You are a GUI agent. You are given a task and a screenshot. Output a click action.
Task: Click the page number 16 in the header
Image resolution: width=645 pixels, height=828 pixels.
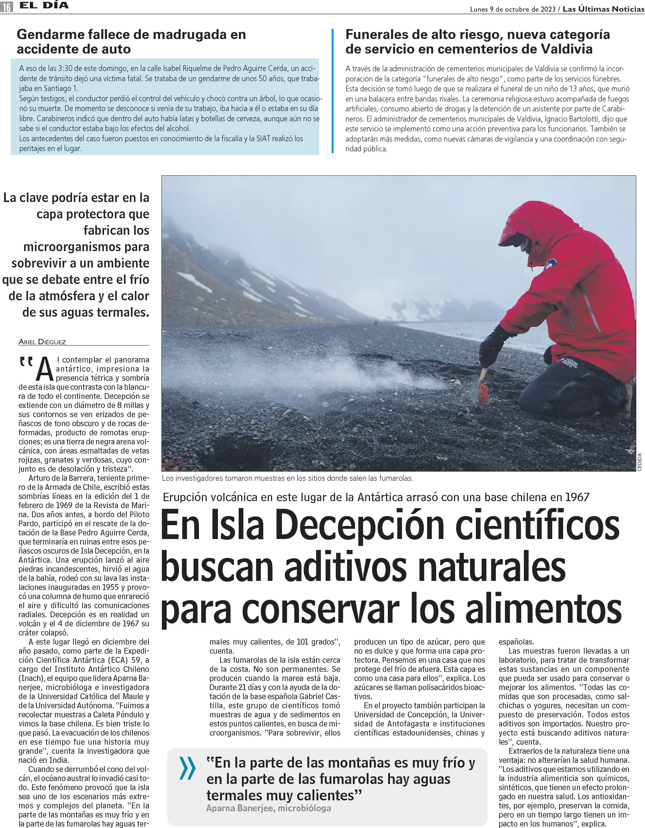(x=7, y=7)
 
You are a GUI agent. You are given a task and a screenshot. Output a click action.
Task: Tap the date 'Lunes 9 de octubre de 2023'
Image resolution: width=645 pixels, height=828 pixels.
(x=512, y=9)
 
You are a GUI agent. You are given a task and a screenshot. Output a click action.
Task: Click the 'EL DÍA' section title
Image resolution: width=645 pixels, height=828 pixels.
(x=44, y=6)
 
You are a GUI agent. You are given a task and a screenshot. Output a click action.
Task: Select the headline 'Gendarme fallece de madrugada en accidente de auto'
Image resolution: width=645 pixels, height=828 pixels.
(x=131, y=42)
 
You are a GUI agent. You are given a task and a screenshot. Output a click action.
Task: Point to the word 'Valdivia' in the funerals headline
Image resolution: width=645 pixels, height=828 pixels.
(x=566, y=49)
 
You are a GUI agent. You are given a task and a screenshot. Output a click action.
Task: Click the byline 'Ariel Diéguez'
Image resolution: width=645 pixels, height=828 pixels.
(x=42, y=342)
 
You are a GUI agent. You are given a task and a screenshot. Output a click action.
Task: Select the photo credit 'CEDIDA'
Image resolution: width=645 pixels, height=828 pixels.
(x=639, y=462)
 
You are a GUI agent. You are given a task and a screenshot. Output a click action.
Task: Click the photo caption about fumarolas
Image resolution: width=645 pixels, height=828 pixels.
(x=287, y=478)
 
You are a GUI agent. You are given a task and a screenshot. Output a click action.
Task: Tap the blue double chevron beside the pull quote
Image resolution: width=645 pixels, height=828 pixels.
(x=187, y=768)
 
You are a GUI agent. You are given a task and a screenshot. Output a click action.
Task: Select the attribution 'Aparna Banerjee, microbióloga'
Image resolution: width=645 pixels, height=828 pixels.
(x=268, y=808)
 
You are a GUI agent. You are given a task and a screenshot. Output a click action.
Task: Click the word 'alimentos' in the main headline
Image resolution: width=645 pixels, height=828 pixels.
(x=544, y=610)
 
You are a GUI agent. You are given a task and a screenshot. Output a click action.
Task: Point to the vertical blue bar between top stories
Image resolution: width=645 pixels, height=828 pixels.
(x=333, y=91)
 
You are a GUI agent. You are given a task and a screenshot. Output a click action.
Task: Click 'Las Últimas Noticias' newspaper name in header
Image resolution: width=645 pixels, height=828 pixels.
(x=603, y=9)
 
